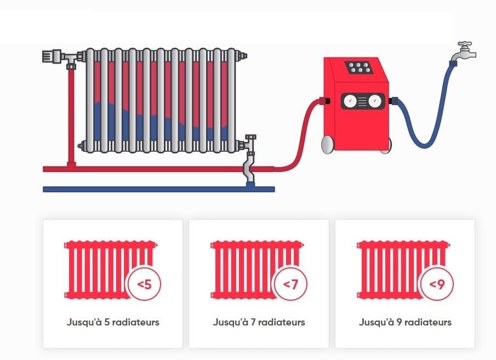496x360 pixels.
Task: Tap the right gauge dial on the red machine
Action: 374,101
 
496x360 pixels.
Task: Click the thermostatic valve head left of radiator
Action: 51,56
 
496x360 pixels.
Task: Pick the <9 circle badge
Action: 436,285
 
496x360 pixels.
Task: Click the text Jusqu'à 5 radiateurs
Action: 113,322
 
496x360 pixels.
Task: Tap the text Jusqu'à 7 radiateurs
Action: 259,322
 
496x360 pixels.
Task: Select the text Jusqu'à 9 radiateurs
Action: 405,322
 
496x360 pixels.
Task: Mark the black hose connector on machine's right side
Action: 393,101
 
